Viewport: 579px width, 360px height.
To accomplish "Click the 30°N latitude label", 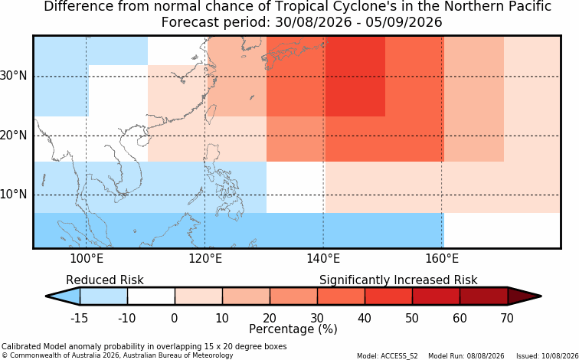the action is tap(14, 76).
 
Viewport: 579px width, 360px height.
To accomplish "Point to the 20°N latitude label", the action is tap(14, 136).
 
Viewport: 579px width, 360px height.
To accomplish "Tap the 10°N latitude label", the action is tap(14, 195).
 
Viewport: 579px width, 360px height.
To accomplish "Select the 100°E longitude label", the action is tap(87, 259).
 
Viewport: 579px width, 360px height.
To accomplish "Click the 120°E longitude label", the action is tap(205, 259).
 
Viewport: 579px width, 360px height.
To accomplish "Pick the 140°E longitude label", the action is tap(324, 259).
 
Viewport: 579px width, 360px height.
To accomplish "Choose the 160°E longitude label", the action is tap(442, 259).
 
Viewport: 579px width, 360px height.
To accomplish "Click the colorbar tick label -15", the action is tap(79, 318).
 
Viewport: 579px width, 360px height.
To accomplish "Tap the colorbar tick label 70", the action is tap(507, 318).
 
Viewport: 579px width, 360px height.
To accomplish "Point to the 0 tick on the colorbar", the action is tap(175, 318).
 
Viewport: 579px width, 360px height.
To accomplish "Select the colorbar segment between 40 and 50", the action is tap(388, 296).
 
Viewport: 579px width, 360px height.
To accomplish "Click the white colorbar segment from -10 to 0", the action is tap(151, 296).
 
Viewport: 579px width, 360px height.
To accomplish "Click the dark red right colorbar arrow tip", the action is tap(540, 296).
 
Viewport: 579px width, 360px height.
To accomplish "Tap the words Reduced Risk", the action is tap(105, 280).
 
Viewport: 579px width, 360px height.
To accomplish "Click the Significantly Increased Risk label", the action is tap(398, 280).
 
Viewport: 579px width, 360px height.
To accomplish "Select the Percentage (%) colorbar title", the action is tap(293, 329).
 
